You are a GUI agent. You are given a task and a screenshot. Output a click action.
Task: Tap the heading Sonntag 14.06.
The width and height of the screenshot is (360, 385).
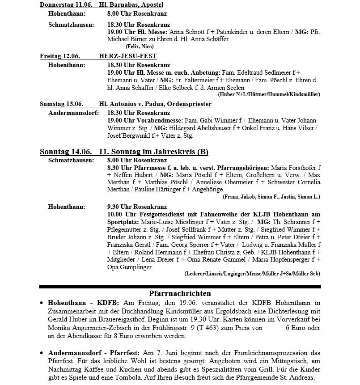[66, 152]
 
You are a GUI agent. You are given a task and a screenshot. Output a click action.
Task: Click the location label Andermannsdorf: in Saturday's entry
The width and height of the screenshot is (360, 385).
[73, 113]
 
